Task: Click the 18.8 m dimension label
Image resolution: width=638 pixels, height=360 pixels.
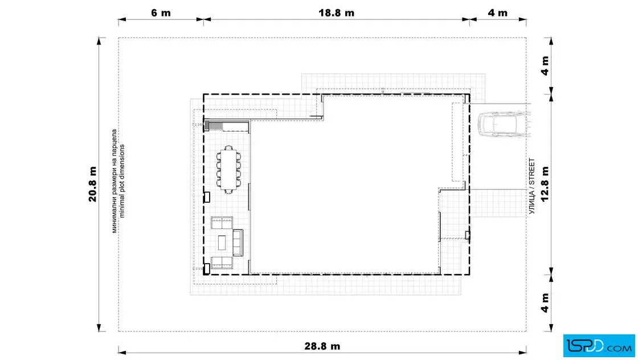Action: pos(336,13)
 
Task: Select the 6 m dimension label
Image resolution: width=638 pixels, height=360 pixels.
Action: pos(161,13)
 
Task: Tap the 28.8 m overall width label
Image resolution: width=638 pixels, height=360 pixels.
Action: pos(322,346)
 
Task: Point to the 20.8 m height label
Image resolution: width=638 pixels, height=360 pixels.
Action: pos(93,184)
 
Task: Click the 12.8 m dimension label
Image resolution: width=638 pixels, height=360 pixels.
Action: pos(545,184)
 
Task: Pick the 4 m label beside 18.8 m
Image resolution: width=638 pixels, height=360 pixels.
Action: pos(497,13)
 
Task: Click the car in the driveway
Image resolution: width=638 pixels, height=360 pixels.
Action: pos(504,125)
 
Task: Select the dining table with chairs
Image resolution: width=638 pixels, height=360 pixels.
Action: pos(228,169)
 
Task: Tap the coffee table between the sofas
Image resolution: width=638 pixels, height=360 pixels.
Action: pos(222,243)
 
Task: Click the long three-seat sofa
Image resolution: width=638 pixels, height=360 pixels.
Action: pos(238,243)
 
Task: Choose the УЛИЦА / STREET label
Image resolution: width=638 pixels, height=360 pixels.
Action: pos(531,186)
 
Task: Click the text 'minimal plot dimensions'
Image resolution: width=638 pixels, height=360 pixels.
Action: pos(122,181)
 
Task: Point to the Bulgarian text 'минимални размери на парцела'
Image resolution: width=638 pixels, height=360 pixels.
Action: pos(114,181)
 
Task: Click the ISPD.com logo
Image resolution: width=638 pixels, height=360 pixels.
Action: pos(599,346)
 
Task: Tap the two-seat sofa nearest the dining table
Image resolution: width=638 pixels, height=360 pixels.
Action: pos(222,223)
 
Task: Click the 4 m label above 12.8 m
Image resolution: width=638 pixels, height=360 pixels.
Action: pos(545,66)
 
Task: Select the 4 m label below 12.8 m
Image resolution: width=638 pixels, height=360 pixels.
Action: pos(545,302)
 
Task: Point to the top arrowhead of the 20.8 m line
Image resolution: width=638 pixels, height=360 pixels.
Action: pos(99,40)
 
